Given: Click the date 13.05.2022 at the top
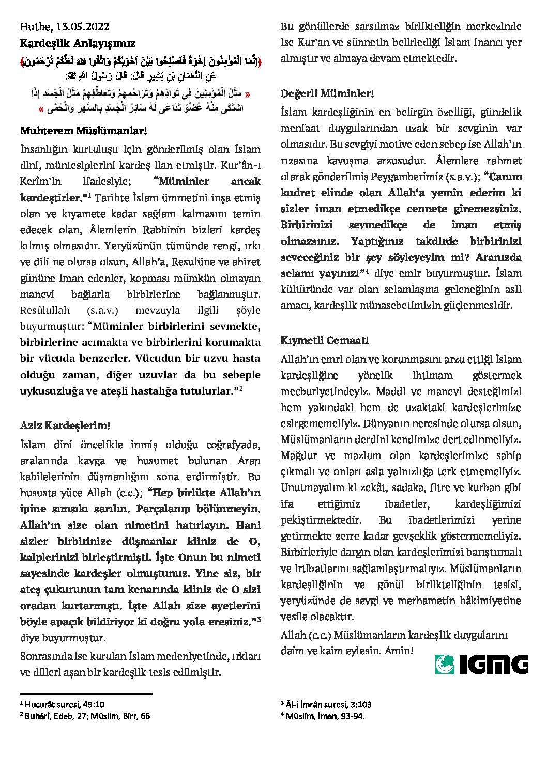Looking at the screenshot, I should (83, 27).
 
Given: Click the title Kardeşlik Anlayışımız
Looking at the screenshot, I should (78, 43).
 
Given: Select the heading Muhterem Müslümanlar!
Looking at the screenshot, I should (84, 131).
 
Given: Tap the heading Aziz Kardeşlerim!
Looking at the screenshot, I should (65, 425).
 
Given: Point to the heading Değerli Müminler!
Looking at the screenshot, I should (327, 93).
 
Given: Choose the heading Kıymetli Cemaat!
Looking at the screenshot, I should (325, 340).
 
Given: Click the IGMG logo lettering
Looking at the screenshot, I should (493, 664).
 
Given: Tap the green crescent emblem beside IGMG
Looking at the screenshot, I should (445, 664).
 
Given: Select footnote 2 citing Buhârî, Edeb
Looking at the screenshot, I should (85, 716).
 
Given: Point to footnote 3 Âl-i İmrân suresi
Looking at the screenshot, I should (326, 704).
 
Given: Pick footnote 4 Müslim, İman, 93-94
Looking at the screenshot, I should (323, 716).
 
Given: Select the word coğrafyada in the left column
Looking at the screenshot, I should (233, 445).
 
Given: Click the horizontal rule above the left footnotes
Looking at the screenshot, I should (86, 693).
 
